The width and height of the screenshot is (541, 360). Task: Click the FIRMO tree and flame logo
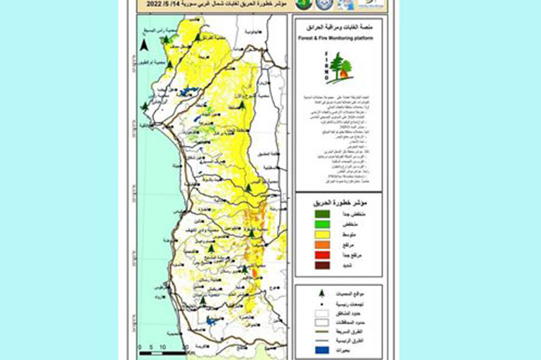point(338,68)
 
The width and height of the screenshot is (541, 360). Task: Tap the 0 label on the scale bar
point(138,347)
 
